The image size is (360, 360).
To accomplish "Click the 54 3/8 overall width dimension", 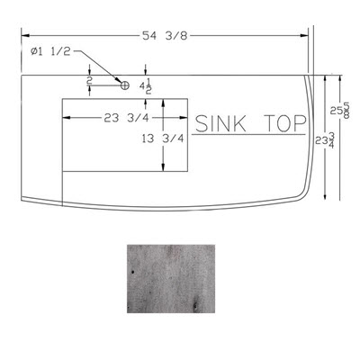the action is pos(165,36).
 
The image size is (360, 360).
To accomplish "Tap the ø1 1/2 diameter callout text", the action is pos(50,51).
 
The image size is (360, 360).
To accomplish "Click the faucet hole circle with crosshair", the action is pos(125,85).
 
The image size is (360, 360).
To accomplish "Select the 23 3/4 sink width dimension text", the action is pos(126,118).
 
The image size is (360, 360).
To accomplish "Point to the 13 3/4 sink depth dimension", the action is pos(162,139).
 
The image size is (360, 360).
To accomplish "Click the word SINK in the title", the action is pos(220,123).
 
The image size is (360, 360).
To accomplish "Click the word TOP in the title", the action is pos(285,123).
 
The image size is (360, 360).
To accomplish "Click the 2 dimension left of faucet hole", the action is pos(89,80).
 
